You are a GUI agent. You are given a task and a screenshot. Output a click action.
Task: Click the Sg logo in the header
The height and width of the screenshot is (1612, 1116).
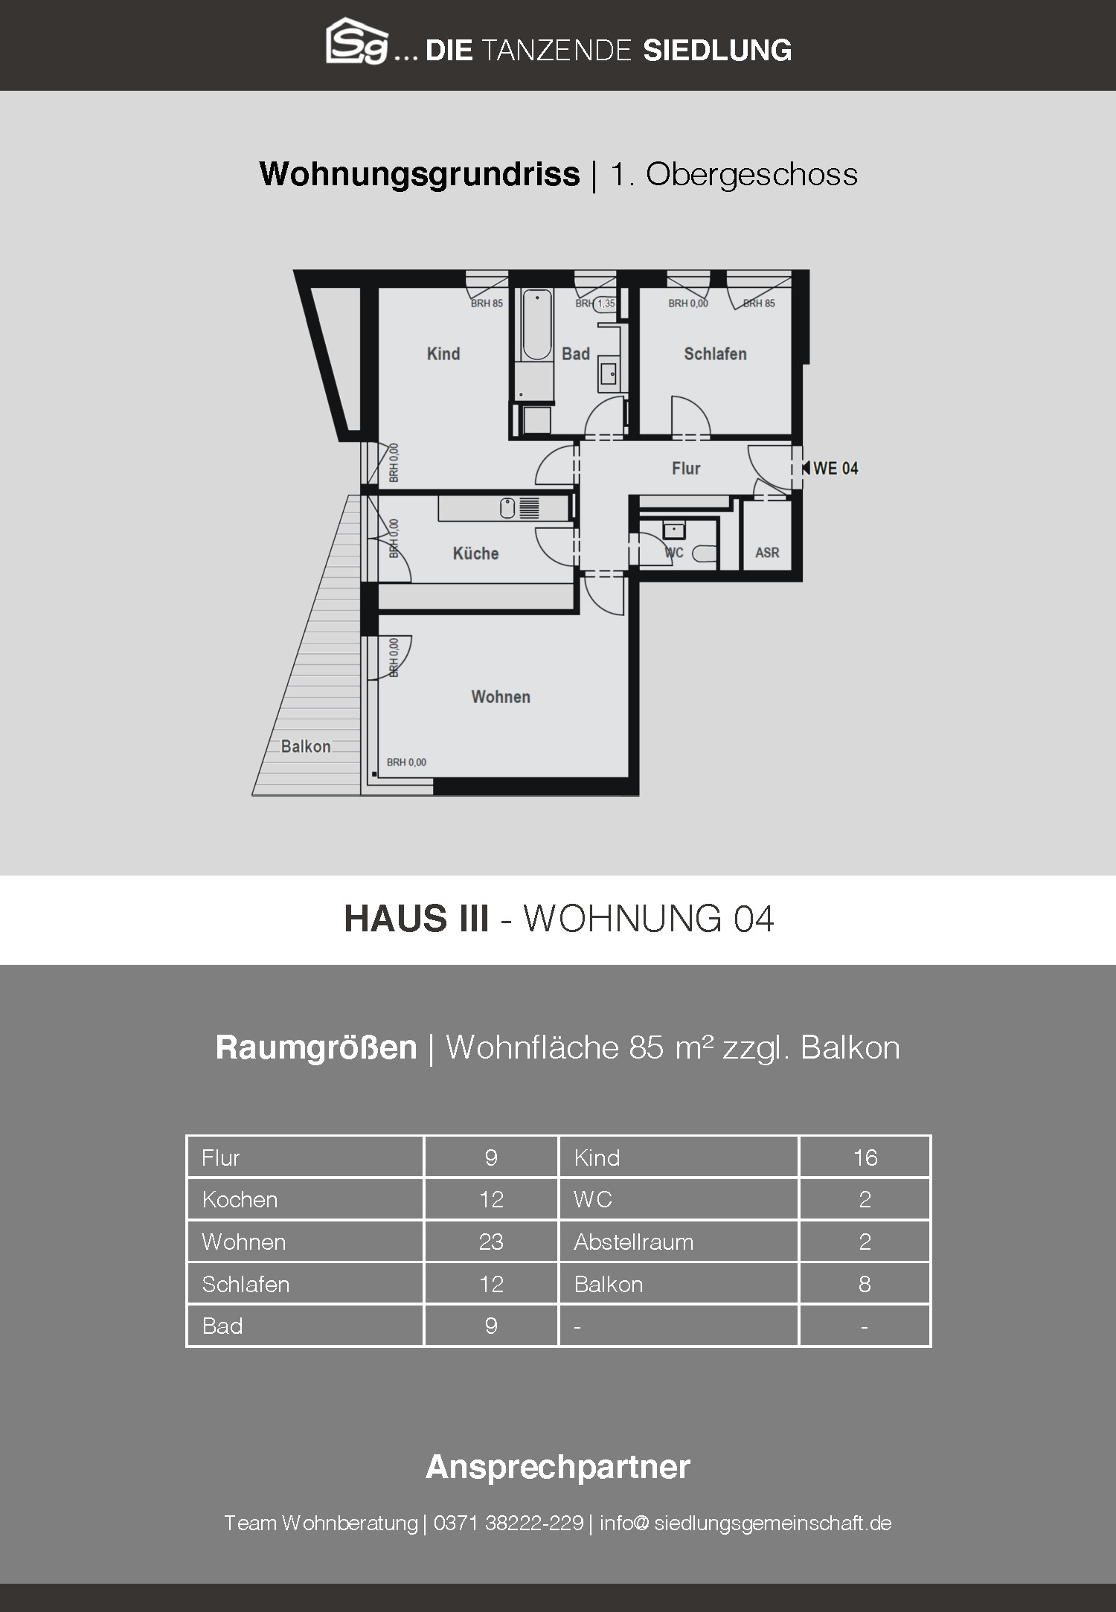pyautogui.click(x=357, y=42)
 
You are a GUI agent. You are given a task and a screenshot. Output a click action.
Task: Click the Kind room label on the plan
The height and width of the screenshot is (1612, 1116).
pyautogui.click(x=443, y=354)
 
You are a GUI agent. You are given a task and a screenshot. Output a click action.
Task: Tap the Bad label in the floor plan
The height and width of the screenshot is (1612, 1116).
pyautogui.click(x=576, y=354)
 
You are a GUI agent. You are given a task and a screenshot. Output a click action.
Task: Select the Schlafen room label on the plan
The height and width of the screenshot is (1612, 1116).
pyautogui.click(x=715, y=354)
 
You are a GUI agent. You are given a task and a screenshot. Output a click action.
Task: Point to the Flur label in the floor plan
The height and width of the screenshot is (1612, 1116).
pyautogui.click(x=686, y=469)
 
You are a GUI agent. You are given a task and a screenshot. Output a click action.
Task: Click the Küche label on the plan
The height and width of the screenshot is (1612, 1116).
pyautogui.click(x=475, y=553)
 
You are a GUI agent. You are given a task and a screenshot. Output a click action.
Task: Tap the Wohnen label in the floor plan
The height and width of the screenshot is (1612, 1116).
pyautogui.click(x=501, y=697)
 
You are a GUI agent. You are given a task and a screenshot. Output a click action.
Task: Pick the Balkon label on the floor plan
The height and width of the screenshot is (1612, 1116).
pyautogui.click(x=306, y=747)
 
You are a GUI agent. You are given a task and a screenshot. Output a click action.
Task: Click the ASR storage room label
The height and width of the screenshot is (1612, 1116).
pyautogui.click(x=767, y=553)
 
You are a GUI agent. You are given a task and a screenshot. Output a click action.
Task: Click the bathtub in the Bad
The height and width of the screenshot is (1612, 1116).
pyautogui.click(x=537, y=326)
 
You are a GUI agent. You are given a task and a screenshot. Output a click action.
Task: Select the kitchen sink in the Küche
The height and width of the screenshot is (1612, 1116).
pyautogui.click(x=508, y=509)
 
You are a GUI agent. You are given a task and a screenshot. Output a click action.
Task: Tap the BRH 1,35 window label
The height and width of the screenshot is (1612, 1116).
pyautogui.click(x=596, y=304)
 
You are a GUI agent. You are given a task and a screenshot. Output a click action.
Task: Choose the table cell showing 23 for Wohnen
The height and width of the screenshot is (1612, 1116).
pyautogui.click(x=491, y=1242)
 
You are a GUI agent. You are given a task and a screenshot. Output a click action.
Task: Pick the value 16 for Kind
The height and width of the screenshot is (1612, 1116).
pyautogui.click(x=865, y=1157)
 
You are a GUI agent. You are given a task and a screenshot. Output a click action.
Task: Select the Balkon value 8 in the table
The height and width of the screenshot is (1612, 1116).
pyautogui.click(x=865, y=1284)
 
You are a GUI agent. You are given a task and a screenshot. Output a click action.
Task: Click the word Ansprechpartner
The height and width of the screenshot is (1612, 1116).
pyautogui.click(x=558, y=1468)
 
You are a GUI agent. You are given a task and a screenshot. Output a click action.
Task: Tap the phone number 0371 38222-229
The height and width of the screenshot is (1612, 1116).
pyautogui.click(x=508, y=1523)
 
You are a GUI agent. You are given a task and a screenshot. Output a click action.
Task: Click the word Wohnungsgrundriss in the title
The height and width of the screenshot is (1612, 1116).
pyautogui.click(x=420, y=175)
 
